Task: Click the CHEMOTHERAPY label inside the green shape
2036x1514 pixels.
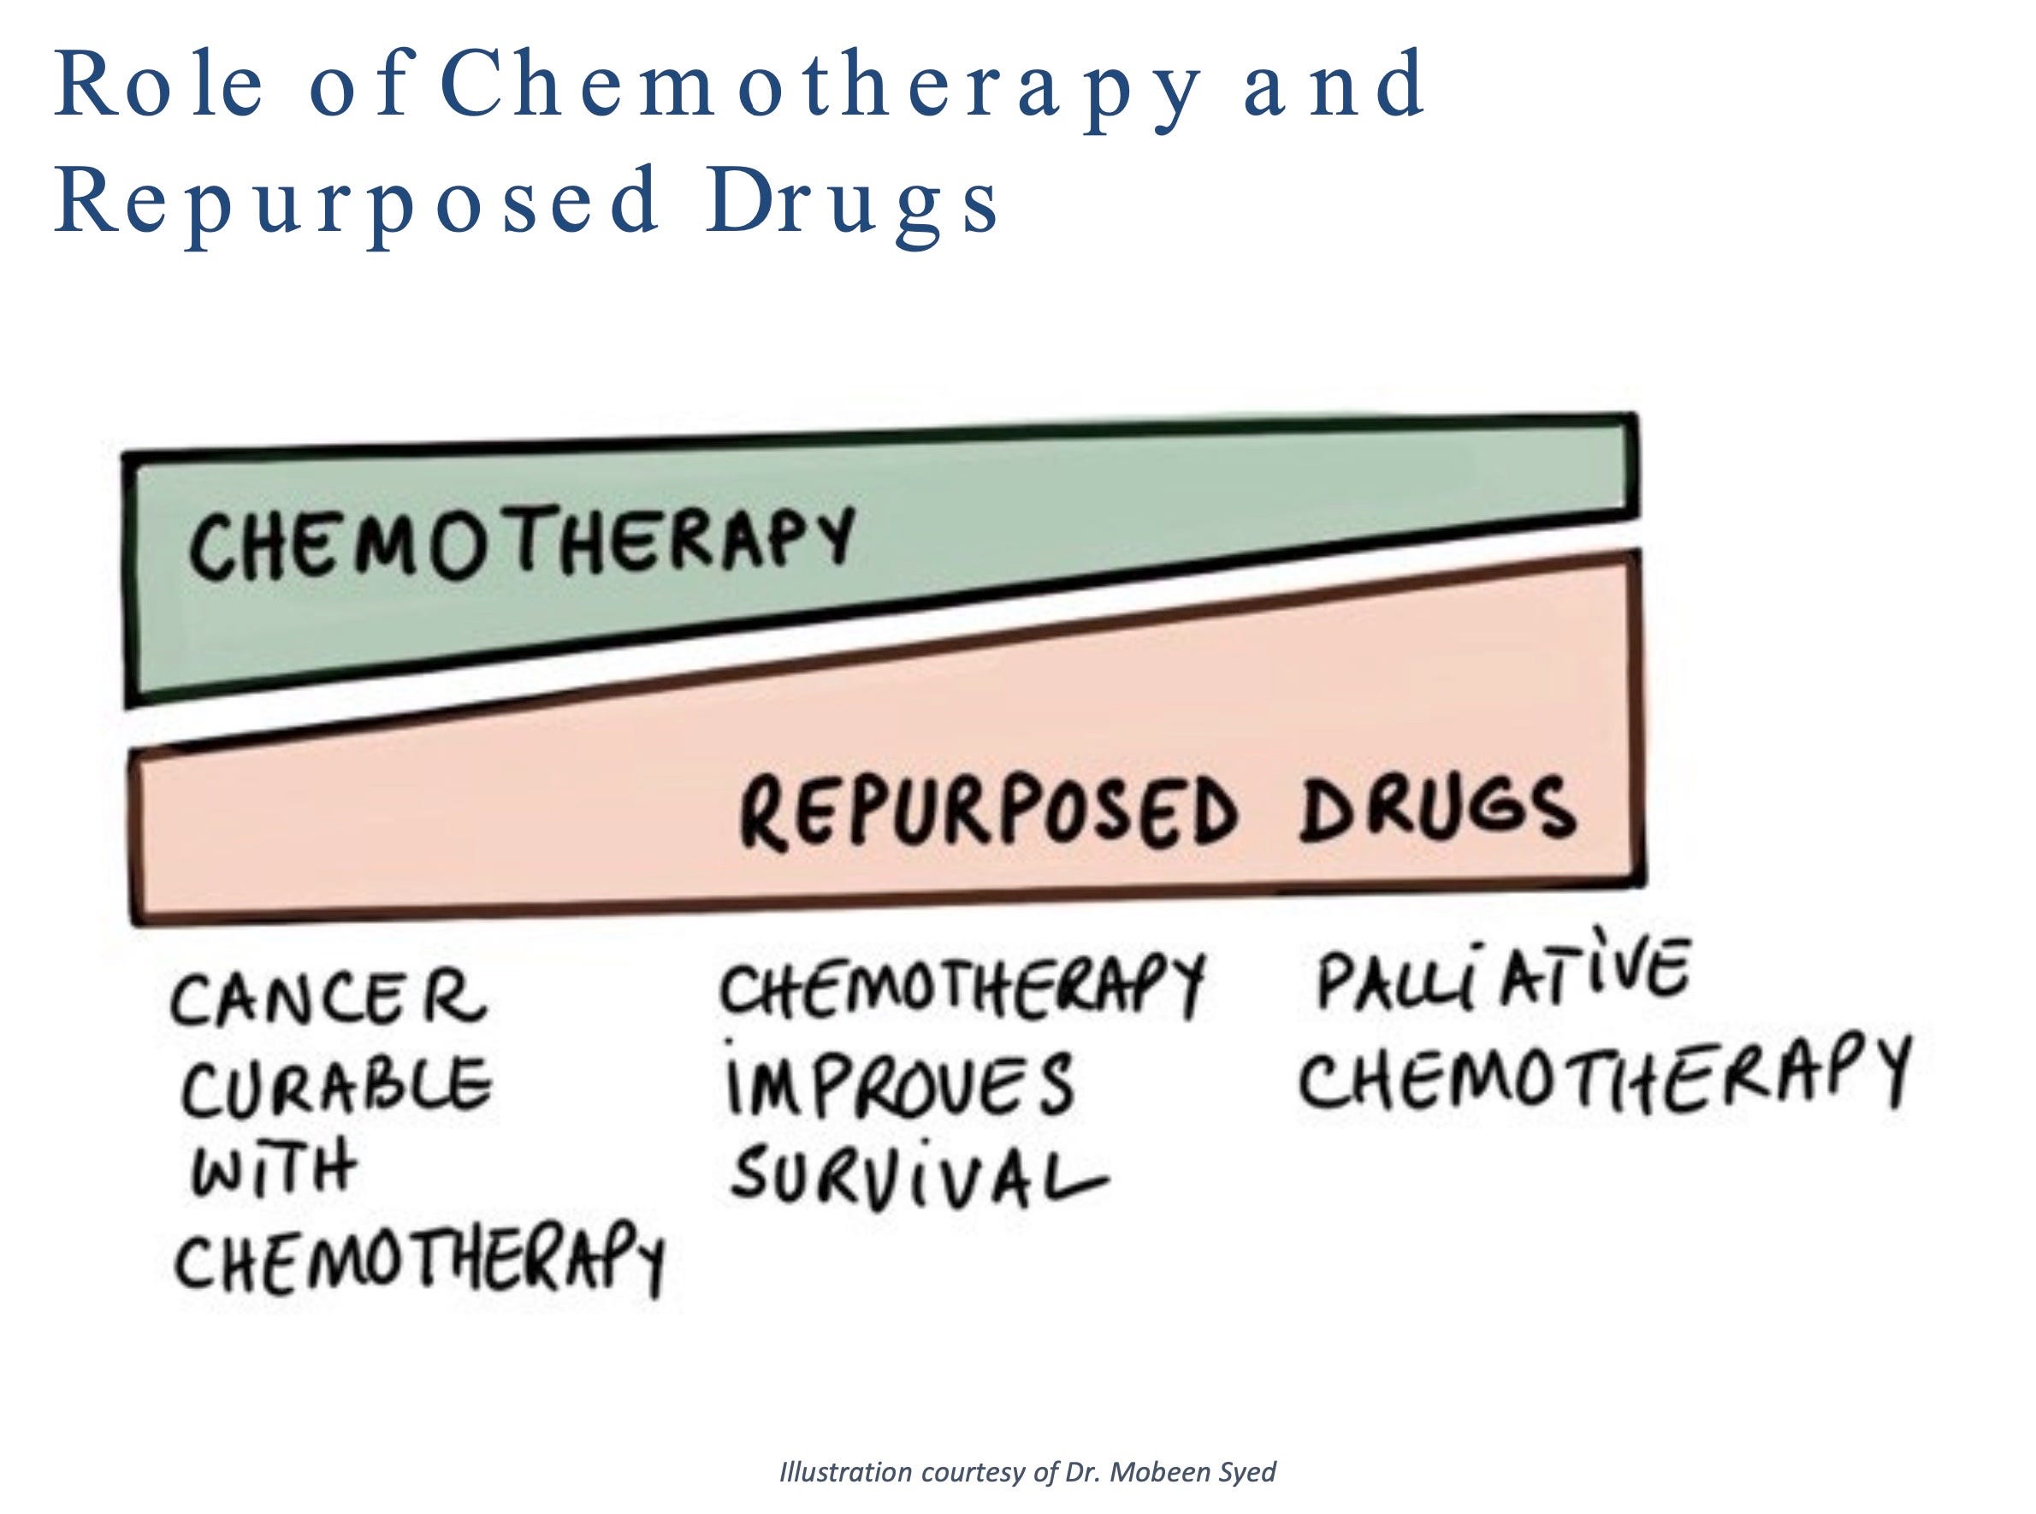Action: (520, 542)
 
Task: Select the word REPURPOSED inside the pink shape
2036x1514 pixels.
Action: (988, 810)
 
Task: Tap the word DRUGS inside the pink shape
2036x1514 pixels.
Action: (1436, 807)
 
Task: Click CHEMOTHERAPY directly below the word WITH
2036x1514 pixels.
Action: (418, 1257)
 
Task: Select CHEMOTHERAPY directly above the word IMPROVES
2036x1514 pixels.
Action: (961, 985)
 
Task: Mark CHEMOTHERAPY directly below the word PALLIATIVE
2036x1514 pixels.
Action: (1603, 1074)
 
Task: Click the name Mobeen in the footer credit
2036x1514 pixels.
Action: (1150, 1473)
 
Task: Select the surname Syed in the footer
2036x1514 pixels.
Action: (1246, 1473)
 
